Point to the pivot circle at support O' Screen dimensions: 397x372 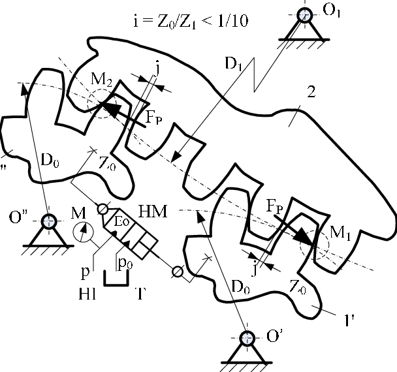[247, 338]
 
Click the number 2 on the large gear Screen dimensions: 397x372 [311, 91]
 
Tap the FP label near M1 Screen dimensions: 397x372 [274, 206]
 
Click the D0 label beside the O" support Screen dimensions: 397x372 [47, 161]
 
